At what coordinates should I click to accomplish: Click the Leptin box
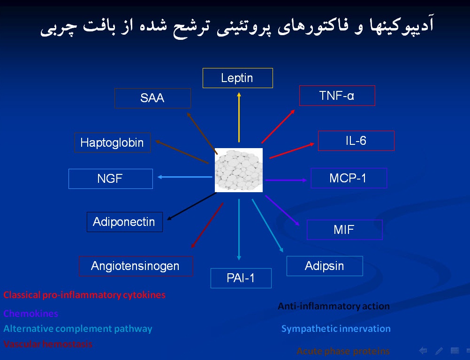237,78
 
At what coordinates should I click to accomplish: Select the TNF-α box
337,96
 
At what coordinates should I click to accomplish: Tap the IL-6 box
356,141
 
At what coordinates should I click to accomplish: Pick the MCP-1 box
349,178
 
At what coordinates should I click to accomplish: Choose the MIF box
344,230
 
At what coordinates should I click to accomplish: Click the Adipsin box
325,266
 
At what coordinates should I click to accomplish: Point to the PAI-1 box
241,278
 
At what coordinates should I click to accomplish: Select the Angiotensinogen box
136,266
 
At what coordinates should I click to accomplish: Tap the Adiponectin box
124,222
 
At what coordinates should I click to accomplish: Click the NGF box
110,179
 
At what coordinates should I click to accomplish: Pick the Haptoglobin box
112,142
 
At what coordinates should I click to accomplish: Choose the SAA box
152,98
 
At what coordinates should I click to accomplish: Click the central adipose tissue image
238,170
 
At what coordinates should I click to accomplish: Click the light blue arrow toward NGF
185,177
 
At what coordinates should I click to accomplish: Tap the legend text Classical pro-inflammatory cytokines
84,295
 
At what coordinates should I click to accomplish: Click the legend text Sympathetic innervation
336,329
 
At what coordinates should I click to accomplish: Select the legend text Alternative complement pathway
78,329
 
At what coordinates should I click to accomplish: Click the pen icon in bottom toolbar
439,351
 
